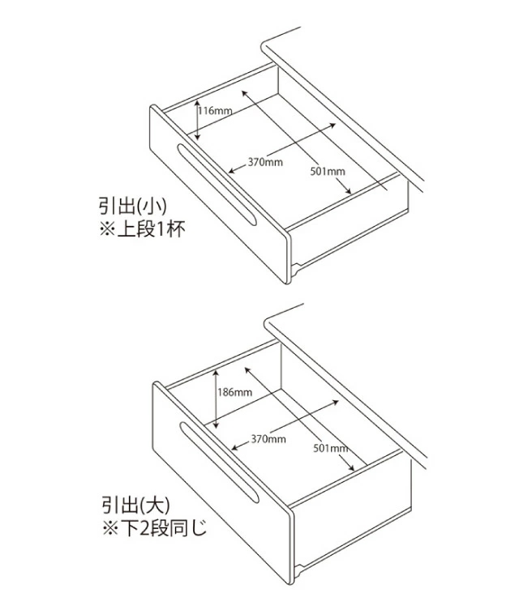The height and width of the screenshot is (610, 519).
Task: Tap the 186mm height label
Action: click(235, 392)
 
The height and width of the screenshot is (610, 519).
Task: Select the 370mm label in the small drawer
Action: click(266, 162)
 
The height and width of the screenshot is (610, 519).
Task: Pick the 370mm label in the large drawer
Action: click(268, 438)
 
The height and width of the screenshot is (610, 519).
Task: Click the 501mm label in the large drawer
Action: click(330, 448)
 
